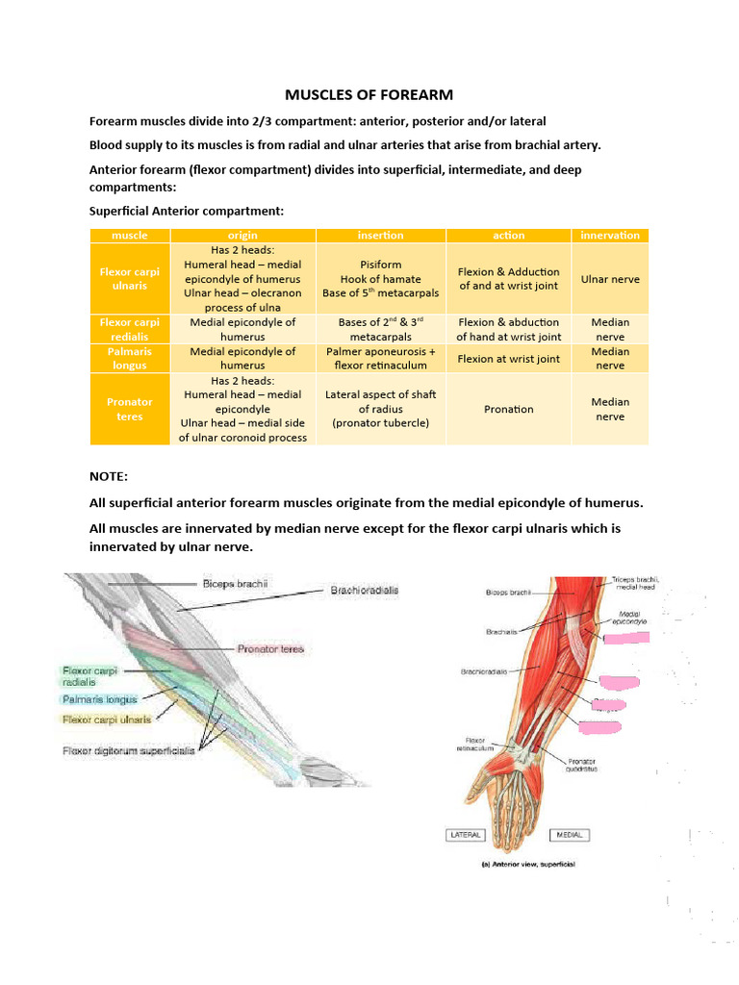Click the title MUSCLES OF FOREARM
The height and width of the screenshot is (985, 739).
click(369, 94)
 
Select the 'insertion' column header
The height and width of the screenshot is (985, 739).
click(380, 235)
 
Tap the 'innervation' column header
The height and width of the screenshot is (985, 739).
click(610, 235)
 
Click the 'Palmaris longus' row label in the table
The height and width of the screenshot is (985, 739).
click(129, 358)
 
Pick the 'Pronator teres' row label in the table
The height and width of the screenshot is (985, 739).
click(129, 409)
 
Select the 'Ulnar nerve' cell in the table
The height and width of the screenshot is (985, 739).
click(610, 279)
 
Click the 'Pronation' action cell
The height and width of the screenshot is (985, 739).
click(508, 409)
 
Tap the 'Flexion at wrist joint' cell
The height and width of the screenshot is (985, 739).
click(508, 359)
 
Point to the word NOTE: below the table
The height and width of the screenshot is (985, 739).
click(108, 476)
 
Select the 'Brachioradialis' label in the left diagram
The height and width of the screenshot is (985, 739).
click(365, 590)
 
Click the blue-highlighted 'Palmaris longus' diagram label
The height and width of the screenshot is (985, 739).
click(100, 699)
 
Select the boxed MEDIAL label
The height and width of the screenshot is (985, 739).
click(570, 835)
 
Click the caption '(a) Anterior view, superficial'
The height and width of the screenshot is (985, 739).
click(528, 864)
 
